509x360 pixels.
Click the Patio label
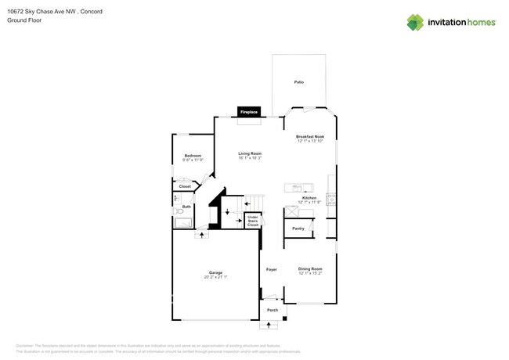point(298,82)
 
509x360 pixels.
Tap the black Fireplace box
point(249,113)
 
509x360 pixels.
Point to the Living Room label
point(250,154)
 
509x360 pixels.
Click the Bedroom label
point(193,157)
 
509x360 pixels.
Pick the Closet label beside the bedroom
point(185,186)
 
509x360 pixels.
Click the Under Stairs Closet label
point(252,221)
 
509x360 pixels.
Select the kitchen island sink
point(298,187)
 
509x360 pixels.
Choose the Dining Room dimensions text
point(310,274)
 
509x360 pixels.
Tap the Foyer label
point(272,269)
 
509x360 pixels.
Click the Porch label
point(272,310)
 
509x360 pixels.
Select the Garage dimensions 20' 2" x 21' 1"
point(215,277)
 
